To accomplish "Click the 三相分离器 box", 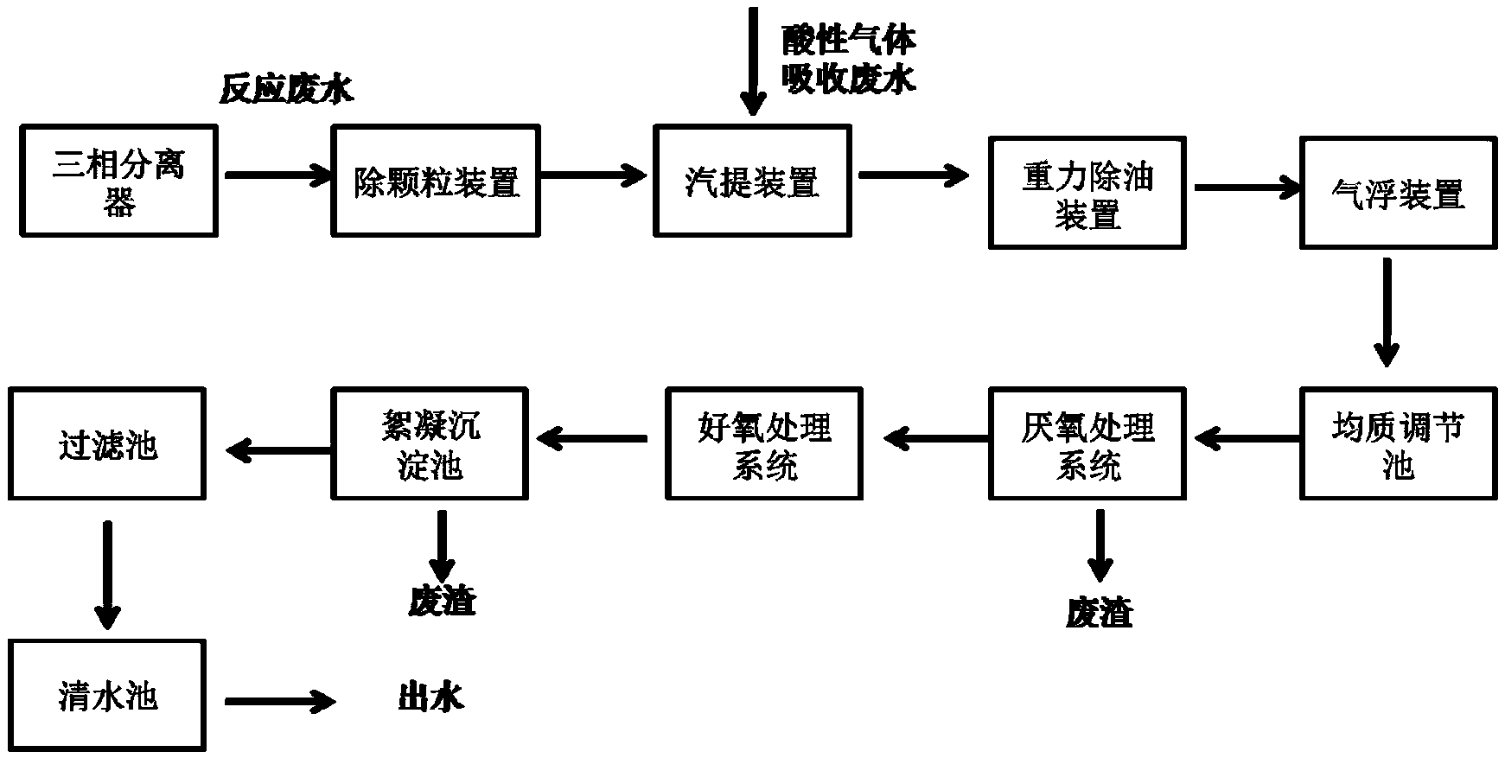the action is (119, 181).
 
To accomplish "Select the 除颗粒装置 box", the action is (437, 181).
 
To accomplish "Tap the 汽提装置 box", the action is (752, 181).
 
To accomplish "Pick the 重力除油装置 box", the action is (1087, 193).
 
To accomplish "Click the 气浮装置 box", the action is (1398, 193).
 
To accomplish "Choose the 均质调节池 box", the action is (1398, 443).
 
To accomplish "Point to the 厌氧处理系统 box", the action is (1087, 443).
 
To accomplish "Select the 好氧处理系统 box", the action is (764, 443).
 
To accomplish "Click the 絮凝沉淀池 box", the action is (430, 443).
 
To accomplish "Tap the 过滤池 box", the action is (107, 443).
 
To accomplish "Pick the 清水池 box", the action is (107, 696).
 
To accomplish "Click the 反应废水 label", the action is (286, 89).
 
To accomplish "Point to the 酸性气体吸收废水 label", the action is (848, 59).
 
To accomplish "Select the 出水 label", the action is (430, 697).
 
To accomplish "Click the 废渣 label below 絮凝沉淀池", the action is (442, 601).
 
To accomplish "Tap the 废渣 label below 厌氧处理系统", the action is (1099, 613).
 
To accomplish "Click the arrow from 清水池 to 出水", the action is (280, 701).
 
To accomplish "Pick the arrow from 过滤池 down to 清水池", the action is (107, 575).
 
